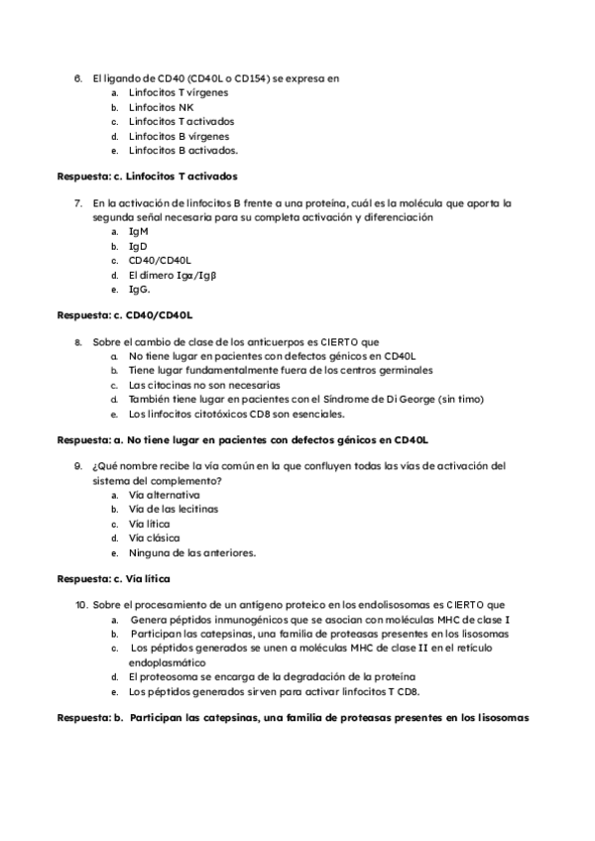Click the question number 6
[77, 77]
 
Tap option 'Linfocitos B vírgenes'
[179, 136]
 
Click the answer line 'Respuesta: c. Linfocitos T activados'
[148, 177]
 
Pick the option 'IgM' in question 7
[139, 231]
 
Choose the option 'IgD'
[138, 245]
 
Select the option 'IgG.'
[140, 290]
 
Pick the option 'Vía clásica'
[154, 538]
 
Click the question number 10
[81, 604]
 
